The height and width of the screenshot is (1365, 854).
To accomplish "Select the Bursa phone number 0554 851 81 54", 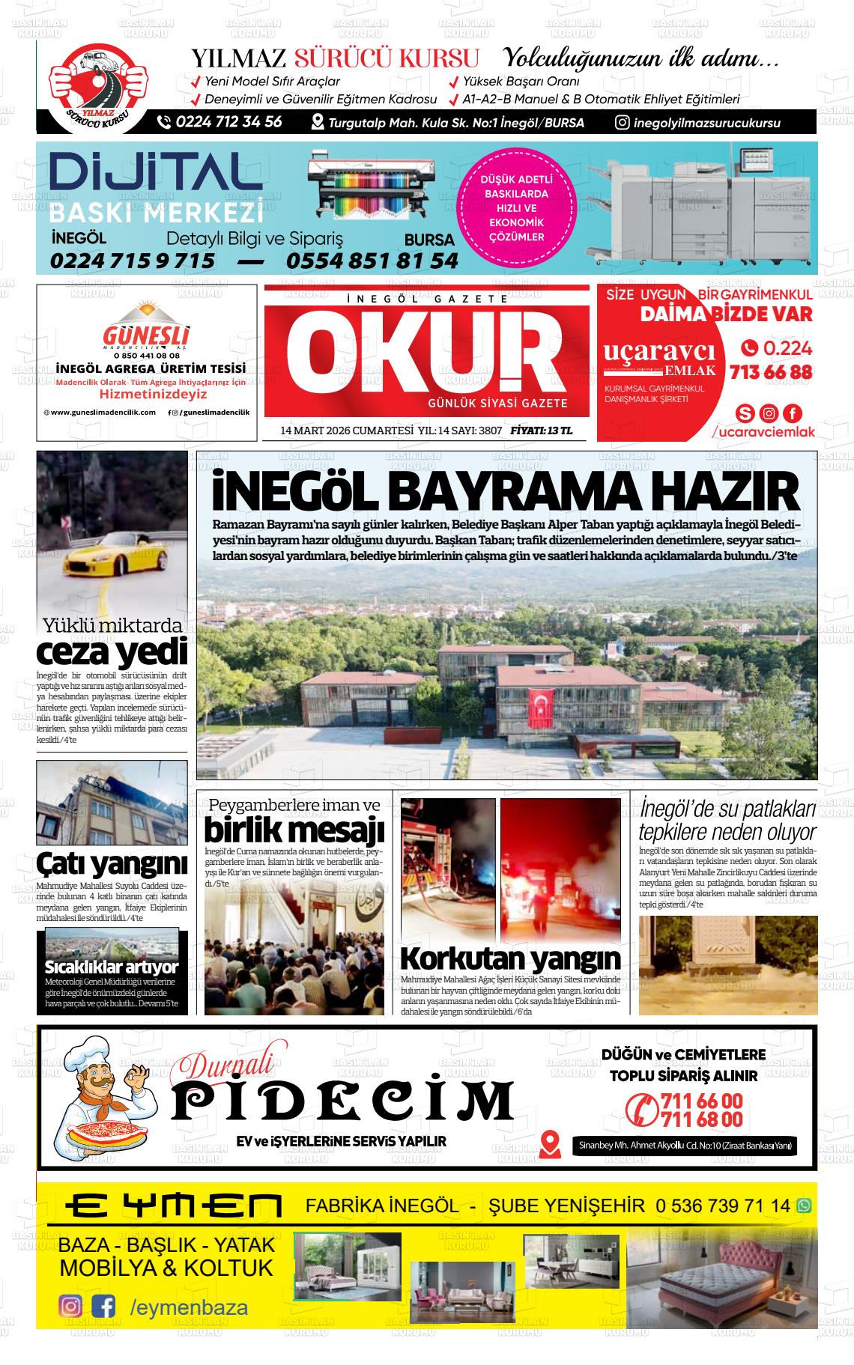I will [372, 261].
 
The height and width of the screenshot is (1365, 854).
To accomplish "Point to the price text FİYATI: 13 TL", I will [541, 431].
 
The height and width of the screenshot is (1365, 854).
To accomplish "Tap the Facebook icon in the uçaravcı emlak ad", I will [792, 413].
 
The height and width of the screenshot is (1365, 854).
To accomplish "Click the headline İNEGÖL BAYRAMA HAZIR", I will [506, 492].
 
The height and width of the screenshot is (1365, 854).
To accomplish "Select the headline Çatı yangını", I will [112, 863].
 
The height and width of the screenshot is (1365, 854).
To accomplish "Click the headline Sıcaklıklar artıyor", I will [112, 967].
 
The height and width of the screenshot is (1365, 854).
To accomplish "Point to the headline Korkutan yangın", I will [510, 958].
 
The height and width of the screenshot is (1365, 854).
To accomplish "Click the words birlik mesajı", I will [294, 830].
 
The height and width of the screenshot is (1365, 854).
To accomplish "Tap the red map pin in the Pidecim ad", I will [550, 1143].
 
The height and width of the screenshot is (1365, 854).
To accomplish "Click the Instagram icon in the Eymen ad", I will [70, 1307].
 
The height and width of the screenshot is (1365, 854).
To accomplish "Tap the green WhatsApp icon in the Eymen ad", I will [804, 1206].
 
